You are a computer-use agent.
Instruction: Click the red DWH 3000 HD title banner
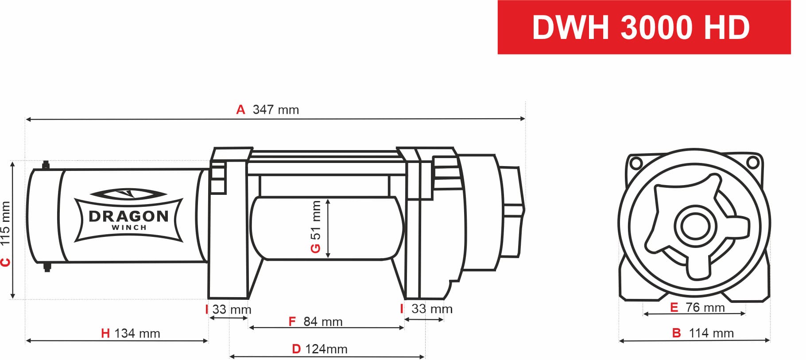[643, 27]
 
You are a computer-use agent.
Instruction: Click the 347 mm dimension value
[275, 110]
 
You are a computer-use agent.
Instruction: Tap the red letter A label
[240, 110]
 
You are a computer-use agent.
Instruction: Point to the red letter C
[5, 262]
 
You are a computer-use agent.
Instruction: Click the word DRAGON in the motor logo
[128, 216]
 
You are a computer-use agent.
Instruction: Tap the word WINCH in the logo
[129, 228]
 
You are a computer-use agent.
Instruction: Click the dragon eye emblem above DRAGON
[128, 194]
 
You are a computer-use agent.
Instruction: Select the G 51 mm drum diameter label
[315, 227]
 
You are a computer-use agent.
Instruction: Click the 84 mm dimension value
[323, 321]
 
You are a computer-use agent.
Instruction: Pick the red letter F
[292, 321]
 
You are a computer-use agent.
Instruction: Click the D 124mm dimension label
[319, 349]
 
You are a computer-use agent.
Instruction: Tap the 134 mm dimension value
[137, 333]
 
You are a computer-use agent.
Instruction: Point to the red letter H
[105, 333]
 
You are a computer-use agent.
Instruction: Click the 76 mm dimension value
[705, 307]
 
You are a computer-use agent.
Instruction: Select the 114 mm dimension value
[711, 333]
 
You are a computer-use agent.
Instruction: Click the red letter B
[676, 333]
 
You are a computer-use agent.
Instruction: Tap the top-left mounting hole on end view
[636, 163]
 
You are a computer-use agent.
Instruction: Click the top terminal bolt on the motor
[46, 165]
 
